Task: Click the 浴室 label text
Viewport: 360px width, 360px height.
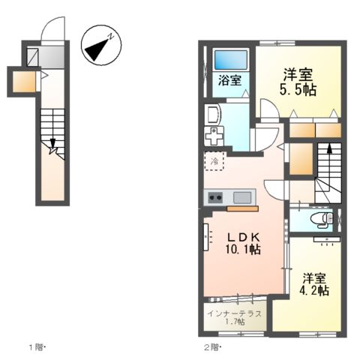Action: click(230, 81)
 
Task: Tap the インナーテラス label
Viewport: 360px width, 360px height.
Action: click(235, 313)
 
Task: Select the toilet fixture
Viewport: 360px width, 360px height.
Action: click(321, 220)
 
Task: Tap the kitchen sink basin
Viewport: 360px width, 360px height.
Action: click(242, 198)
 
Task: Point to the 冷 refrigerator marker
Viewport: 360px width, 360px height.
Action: click(214, 161)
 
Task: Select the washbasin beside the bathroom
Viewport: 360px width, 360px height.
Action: click(211, 115)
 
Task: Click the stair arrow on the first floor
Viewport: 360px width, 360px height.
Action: click(52, 146)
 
